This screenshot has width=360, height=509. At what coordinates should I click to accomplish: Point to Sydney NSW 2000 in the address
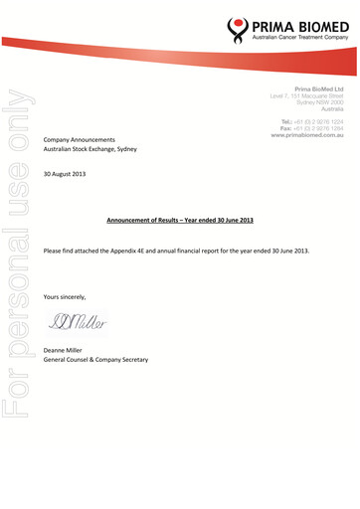(319, 102)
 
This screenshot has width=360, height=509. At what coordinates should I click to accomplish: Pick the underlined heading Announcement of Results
(179, 218)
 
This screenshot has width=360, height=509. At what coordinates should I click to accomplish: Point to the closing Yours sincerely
(65, 296)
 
